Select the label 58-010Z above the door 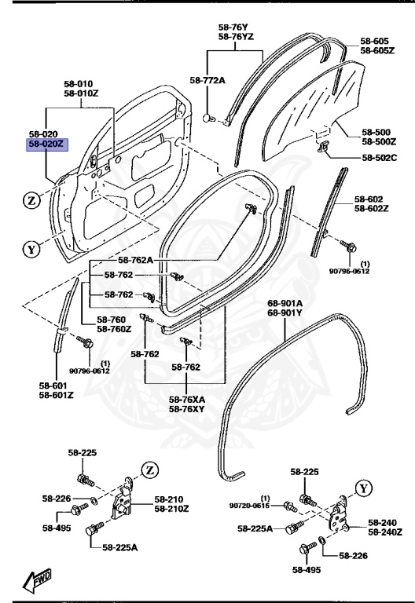(83, 93)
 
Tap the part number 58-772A (207, 79)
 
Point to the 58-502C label (380, 158)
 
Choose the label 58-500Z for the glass (379, 141)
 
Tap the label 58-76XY (186, 409)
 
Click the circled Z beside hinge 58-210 (149, 470)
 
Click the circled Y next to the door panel (31, 250)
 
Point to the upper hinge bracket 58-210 (124, 500)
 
